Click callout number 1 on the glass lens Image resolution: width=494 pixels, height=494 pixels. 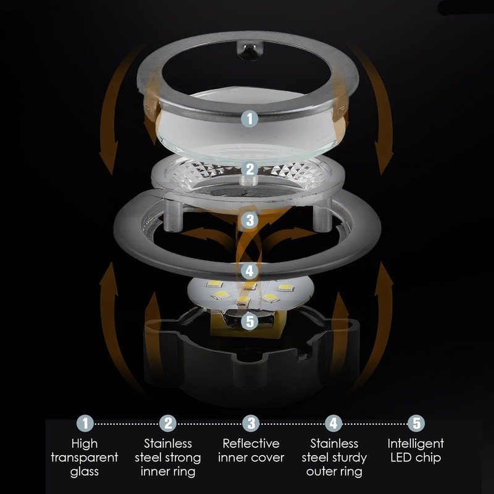tap(249, 119)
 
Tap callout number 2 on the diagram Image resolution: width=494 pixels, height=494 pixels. tap(250, 169)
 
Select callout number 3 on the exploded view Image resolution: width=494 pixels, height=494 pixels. tap(250, 220)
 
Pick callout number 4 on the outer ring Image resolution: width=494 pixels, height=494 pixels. tap(250, 271)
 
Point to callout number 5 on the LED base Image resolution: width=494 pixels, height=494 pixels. tap(250, 322)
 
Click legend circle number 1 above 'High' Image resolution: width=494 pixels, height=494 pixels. tap(85, 424)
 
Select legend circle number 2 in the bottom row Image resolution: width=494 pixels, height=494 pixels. tap(168, 424)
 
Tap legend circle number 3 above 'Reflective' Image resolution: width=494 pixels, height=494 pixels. tap(251, 424)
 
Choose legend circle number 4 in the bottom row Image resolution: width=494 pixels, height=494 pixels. tap(333, 424)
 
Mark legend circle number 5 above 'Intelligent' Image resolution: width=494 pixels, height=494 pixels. tap(416, 424)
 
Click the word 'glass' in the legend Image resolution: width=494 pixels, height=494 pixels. tap(85, 472)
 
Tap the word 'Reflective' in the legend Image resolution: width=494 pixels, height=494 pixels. tap(251, 443)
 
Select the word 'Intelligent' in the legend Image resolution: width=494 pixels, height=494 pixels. tap(416, 444)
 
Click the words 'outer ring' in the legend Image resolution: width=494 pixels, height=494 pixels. tap(334, 472)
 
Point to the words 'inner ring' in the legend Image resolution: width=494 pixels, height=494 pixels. tap(168, 472)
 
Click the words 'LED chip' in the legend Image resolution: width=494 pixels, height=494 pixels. tap(416, 458)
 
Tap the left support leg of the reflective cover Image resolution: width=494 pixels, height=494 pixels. tap(173, 215)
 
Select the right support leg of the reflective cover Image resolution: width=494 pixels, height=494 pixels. tap(322, 214)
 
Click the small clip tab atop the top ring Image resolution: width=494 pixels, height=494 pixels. tap(249, 51)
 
